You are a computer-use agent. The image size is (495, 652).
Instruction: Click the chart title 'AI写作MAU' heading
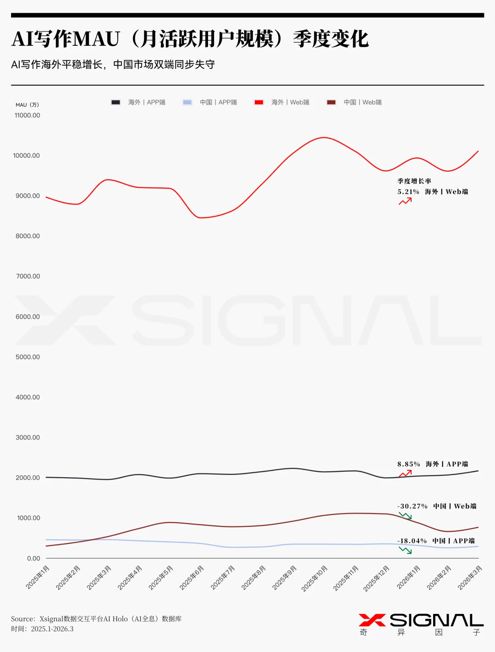pyautogui.click(x=190, y=39)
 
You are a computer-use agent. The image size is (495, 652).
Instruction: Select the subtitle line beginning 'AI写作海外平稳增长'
pyautogui.click(x=113, y=65)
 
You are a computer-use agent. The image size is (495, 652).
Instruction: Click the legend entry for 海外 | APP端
pyautogui.click(x=138, y=102)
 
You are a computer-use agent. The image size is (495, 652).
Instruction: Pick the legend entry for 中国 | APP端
pyautogui.click(x=210, y=102)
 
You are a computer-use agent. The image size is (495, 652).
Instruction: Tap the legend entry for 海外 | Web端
pyautogui.click(x=282, y=102)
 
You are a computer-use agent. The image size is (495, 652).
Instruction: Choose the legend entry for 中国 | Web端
pyautogui.click(x=354, y=102)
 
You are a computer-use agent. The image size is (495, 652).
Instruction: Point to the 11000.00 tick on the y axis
pyautogui.click(x=27, y=115)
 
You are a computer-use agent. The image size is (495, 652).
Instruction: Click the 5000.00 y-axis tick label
pyautogui.click(x=27, y=357)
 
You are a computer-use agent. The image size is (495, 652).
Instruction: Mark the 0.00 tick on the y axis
pyautogui.click(x=33, y=558)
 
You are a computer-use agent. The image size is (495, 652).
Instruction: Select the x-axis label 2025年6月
pyautogui.click(x=191, y=578)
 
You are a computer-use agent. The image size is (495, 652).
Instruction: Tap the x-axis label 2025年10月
pyautogui.click(x=314, y=579)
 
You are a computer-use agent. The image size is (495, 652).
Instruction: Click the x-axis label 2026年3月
pyautogui.click(x=470, y=578)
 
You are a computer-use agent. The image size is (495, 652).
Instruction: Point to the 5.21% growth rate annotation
pyautogui.click(x=408, y=192)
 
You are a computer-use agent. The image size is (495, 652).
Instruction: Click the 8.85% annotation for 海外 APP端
pyautogui.click(x=408, y=464)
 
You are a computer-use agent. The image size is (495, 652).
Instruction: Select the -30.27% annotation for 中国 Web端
pyautogui.click(x=412, y=506)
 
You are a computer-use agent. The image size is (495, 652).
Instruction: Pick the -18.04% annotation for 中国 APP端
pyautogui.click(x=412, y=541)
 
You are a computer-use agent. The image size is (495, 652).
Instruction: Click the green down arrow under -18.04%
pyautogui.click(x=405, y=550)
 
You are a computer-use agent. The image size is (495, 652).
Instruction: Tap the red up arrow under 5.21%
pyautogui.click(x=405, y=201)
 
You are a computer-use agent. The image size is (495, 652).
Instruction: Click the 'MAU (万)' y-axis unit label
pyautogui.click(x=27, y=105)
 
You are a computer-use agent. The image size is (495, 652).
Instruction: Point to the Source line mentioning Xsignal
pyautogui.click(x=96, y=619)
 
